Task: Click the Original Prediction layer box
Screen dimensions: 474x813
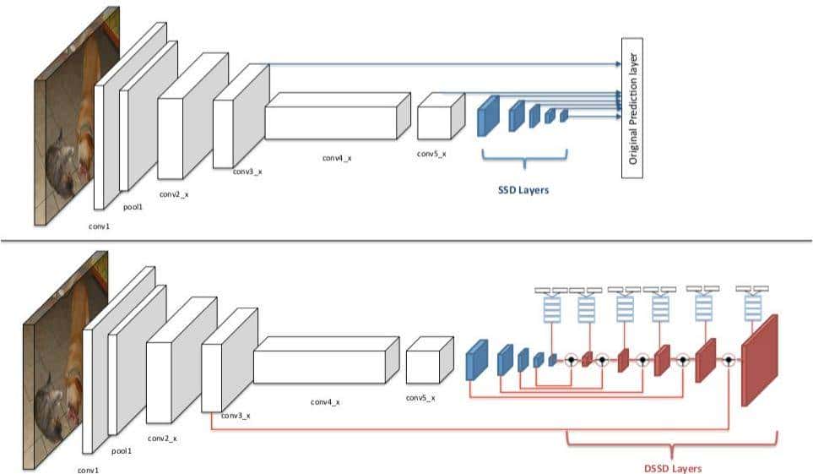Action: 632,107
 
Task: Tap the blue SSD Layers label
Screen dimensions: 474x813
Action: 523,190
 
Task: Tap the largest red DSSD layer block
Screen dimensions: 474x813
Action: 759,362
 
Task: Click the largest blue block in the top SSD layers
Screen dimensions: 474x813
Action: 485,117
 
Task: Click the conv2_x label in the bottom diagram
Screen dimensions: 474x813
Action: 161,439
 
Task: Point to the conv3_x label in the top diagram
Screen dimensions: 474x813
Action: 248,172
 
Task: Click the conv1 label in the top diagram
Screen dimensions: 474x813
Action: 100,226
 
